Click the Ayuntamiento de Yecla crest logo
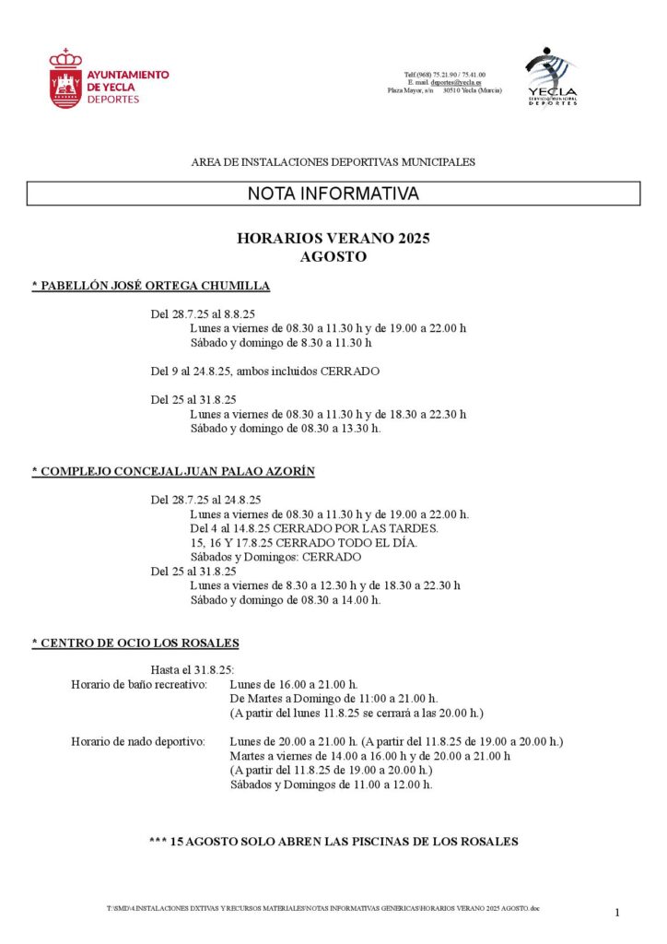tap(65, 79)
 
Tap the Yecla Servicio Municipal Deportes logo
tap(551, 76)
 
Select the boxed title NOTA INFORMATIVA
tap(333, 194)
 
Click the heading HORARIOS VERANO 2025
tap(333, 238)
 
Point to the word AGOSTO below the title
tap(333, 256)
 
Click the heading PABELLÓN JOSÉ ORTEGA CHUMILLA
tap(151, 286)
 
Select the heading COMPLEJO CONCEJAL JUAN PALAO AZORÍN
tap(173, 471)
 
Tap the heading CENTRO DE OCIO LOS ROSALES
tap(135, 643)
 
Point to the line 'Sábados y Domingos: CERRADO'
tap(275, 557)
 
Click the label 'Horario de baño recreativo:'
tap(139, 685)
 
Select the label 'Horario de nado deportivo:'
tap(137, 741)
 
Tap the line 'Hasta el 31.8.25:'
tap(192, 670)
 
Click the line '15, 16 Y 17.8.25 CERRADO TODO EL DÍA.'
tap(303, 542)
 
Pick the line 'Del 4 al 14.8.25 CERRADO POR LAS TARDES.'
tap(313, 528)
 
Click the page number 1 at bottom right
tap(617, 913)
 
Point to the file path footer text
tap(322, 909)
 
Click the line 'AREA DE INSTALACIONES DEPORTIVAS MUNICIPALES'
tap(333, 162)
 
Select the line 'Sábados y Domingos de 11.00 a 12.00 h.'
tap(331, 785)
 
